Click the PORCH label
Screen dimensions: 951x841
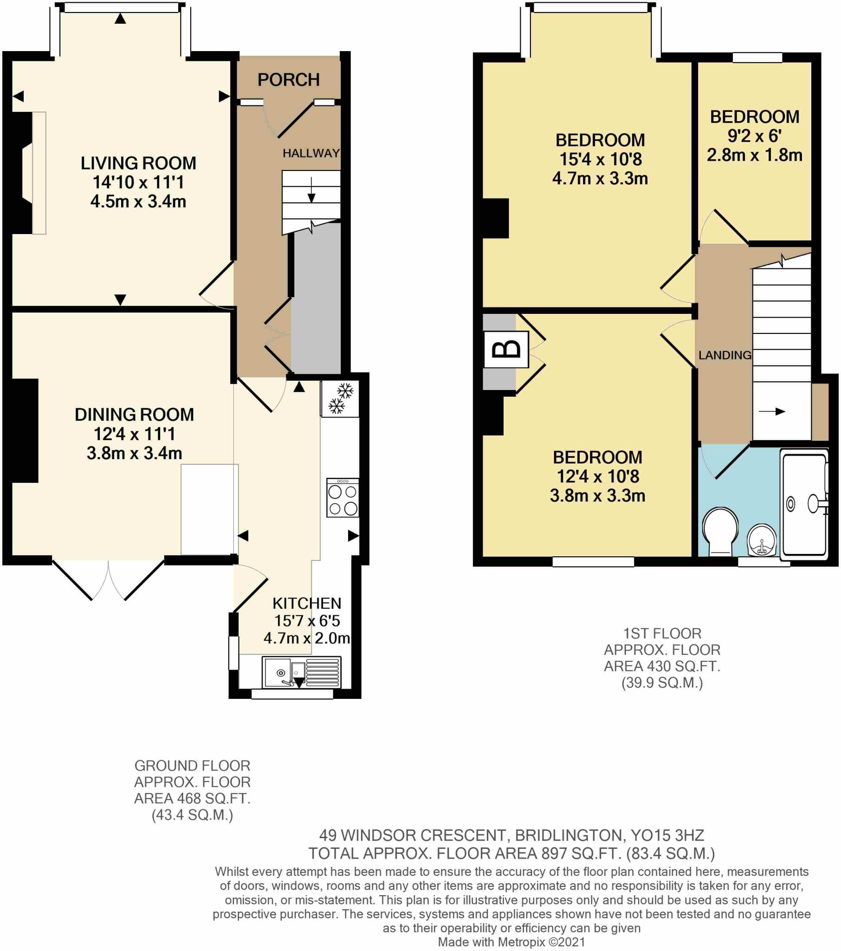(x=288, y=80)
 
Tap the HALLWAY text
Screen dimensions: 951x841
(x=311, y=153)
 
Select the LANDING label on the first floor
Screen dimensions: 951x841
(x=725, y=355)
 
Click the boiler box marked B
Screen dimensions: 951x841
(x=506, y=349)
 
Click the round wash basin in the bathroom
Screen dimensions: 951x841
(x=762, y=541)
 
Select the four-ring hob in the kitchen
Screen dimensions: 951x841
(x=343, y=499)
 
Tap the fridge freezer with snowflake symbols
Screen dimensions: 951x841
(x=340, y=399)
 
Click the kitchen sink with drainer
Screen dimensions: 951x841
(x=301, y=672)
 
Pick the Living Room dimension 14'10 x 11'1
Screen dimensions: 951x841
(x=138, y=182)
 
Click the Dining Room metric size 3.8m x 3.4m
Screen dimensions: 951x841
(x=135, y=453)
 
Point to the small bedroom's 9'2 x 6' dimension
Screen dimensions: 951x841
(x=754, y=136)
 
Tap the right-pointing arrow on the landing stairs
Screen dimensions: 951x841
(x=772, y=411)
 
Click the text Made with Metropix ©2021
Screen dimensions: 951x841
(x=511, y=942)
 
